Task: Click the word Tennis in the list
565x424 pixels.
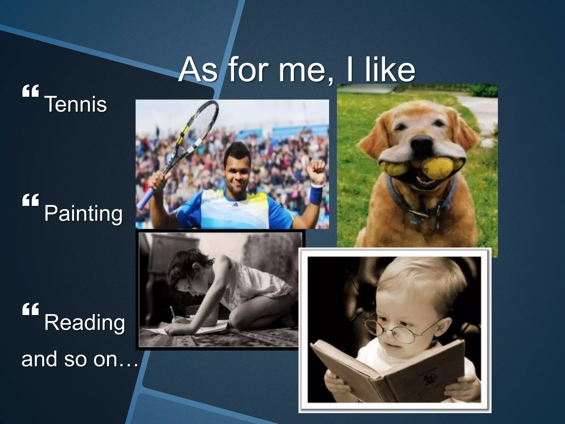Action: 75,104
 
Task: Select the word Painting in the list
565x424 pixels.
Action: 83,213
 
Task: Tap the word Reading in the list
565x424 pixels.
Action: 84,322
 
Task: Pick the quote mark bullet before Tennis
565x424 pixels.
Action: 30,91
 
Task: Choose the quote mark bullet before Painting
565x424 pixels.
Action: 30,200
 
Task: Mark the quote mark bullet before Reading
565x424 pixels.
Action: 30,309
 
